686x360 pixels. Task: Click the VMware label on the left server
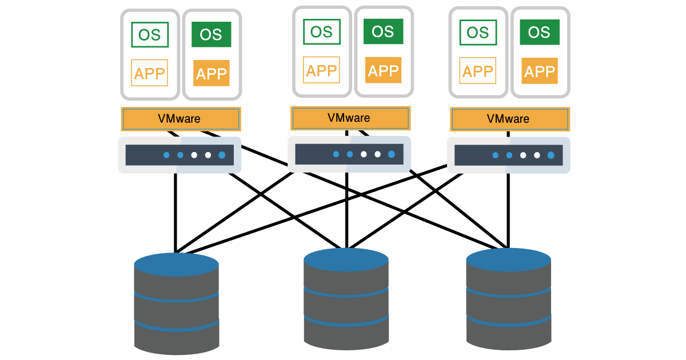point(180,119)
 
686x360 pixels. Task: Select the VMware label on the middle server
point(349,118)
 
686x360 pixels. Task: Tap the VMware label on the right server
point(509,119)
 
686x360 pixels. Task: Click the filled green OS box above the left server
point(211,34)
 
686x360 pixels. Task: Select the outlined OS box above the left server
point(150,34)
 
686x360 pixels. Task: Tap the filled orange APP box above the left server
point(211,73)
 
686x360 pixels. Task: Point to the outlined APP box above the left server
point(150,73)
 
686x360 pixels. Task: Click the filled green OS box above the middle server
point(383,31)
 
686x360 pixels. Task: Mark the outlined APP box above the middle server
point(321,70)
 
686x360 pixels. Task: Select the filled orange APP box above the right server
point(539,71)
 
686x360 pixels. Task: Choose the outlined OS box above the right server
point(478,33)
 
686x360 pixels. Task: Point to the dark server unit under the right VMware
point(508,155)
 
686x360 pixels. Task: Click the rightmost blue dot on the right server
point(551,155)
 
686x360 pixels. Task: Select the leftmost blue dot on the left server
point(166,155)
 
